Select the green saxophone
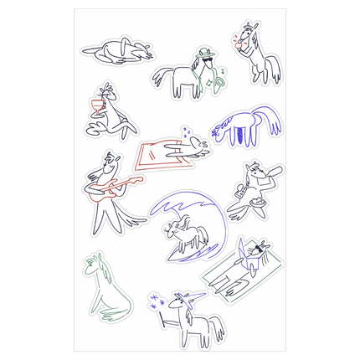coord(219,78)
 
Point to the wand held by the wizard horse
coord(164,316)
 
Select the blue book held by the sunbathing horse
coord(251,250)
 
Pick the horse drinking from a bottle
coord(256,185)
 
